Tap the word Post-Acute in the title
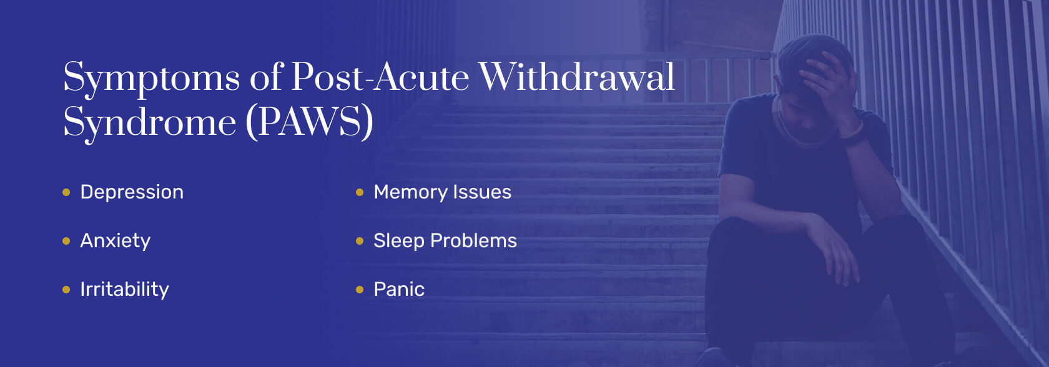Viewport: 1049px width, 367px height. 380,77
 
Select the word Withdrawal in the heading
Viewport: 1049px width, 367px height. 577,77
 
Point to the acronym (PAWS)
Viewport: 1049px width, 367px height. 309,121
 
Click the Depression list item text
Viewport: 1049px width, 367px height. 132,192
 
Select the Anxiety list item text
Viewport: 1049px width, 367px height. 116,241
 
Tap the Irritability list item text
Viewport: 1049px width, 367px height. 124,290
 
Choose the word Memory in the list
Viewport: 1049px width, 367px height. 410,192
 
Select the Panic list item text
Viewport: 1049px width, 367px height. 399,290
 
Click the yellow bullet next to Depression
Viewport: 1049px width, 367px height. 66,192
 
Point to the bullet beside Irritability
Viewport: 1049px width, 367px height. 66,290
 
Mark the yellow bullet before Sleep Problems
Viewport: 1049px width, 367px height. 360,241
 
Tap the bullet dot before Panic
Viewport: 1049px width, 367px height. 360,290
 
